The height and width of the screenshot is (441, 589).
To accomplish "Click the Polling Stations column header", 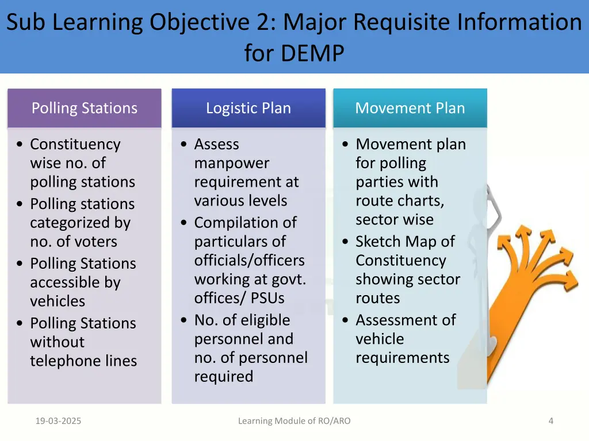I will (x=84, y=108).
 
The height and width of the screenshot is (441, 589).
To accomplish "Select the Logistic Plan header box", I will (x=248, y=108).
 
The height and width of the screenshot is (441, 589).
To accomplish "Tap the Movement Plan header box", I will (x=410, y=108).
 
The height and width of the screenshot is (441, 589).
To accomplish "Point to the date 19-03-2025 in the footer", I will (x=58, y=421).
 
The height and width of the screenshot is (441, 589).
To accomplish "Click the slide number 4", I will (x=550, y=421).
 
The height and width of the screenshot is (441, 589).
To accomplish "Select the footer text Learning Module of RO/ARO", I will (x=294, y=421).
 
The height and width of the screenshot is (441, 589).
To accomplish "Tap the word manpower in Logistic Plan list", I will (x=231, y=163).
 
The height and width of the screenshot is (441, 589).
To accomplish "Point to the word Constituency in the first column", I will (x=75, y=144).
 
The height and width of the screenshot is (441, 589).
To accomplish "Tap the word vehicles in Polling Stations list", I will (x=58, y=301).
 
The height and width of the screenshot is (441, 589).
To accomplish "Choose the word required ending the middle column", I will (x=223, y=376).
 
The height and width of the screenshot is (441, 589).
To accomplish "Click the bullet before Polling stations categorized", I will (x=20, y=204).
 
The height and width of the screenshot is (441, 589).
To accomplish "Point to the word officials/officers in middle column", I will (x=249, y=260).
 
